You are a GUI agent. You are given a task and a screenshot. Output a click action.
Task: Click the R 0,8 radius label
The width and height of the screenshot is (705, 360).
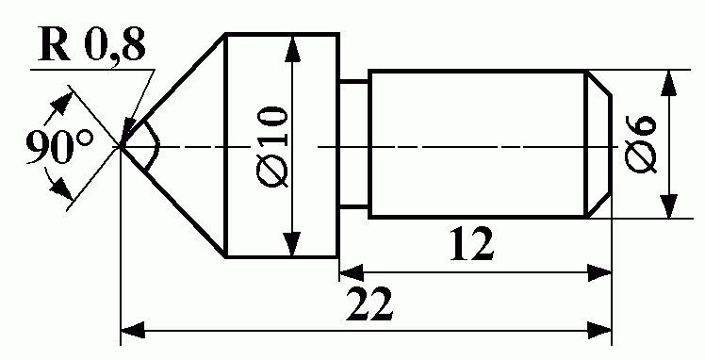(92, 44)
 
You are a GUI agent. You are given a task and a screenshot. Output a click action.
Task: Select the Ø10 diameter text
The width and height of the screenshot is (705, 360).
(271, 147)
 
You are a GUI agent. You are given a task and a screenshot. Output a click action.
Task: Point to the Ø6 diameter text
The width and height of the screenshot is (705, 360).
(641, 144)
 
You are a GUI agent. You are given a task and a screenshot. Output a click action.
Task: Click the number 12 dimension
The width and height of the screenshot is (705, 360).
(472, 245)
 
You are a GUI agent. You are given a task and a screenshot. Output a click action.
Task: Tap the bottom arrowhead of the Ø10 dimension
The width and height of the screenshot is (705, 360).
(293, 243)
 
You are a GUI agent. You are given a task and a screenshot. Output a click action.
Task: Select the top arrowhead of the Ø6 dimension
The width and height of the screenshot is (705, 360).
(669, 84)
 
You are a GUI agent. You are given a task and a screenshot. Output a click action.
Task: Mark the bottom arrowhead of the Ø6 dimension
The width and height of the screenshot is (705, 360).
(669, 205)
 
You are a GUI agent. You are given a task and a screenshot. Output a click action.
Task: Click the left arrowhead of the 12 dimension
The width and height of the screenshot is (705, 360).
(352, 272)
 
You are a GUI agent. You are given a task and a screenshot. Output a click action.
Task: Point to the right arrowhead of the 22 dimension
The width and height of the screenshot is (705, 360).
(599, 331)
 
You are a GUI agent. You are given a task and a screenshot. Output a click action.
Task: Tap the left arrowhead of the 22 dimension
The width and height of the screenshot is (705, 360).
(133, 331)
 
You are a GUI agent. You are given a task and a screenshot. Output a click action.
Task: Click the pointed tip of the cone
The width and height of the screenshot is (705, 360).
(121, 146)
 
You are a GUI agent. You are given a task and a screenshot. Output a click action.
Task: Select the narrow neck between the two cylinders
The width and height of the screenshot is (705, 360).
(353, 144)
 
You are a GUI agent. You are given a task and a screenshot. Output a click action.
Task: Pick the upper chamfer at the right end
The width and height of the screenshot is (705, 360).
(598, 83)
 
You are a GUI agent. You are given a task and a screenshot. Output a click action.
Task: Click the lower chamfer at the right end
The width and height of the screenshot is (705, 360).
(598, 205)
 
